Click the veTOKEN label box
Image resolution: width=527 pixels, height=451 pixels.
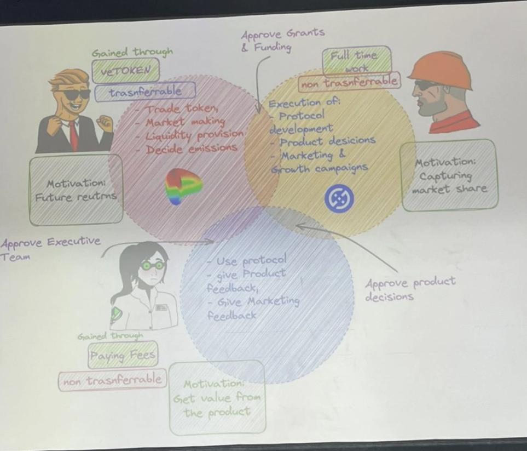point(126,70)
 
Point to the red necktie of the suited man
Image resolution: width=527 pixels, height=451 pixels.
point(73,135)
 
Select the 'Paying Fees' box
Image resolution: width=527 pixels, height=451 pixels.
point(123,356)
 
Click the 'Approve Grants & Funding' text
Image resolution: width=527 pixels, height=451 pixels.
point(282,39)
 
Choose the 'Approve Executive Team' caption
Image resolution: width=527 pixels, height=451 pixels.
point(49,248)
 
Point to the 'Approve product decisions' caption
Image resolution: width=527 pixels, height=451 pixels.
point(409,289)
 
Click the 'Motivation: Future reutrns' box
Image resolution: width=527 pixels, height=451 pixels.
point(76,190)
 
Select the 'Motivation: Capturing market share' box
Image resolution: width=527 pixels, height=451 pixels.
point(449,175)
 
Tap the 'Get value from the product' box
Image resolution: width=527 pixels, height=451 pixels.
point(217,397)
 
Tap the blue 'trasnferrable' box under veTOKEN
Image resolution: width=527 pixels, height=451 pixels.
point(145,92)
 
